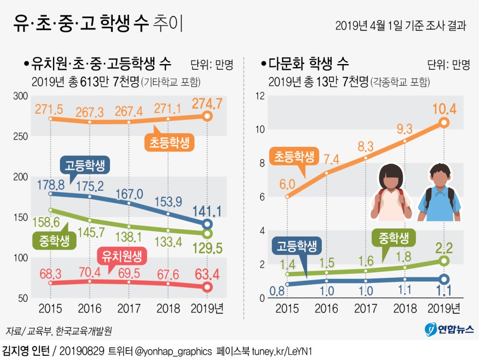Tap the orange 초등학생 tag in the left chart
[169, 143]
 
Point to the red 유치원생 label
[122, 255]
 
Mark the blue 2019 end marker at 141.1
[207, 224]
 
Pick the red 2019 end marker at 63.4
[207, 287]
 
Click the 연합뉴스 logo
[449, 330]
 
